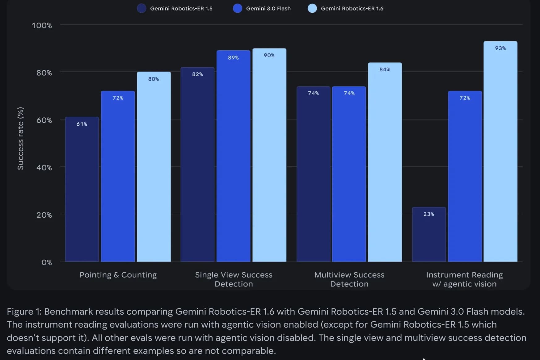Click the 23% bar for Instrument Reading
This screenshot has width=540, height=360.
click(429, 235)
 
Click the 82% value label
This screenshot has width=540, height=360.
click(197, 74)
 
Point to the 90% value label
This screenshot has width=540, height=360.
click(269, 55)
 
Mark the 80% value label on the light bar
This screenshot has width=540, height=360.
click(154, 79)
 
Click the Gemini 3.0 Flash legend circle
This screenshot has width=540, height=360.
click(238, 8)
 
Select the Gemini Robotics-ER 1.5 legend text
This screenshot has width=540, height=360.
click(181, 9)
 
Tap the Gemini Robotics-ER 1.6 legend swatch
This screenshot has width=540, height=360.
click(312, 8)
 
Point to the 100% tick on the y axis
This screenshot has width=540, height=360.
click(42, 25)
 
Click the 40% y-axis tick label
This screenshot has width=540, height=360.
click(44, 167)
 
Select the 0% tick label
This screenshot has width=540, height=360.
click(47, 262)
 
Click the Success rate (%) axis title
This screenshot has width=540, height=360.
click(20, 138)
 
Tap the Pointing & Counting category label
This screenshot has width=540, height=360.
click(118, 275)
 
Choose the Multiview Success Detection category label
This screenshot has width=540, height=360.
click(349, 279)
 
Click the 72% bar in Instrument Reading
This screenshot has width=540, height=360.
click(465, 176)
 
